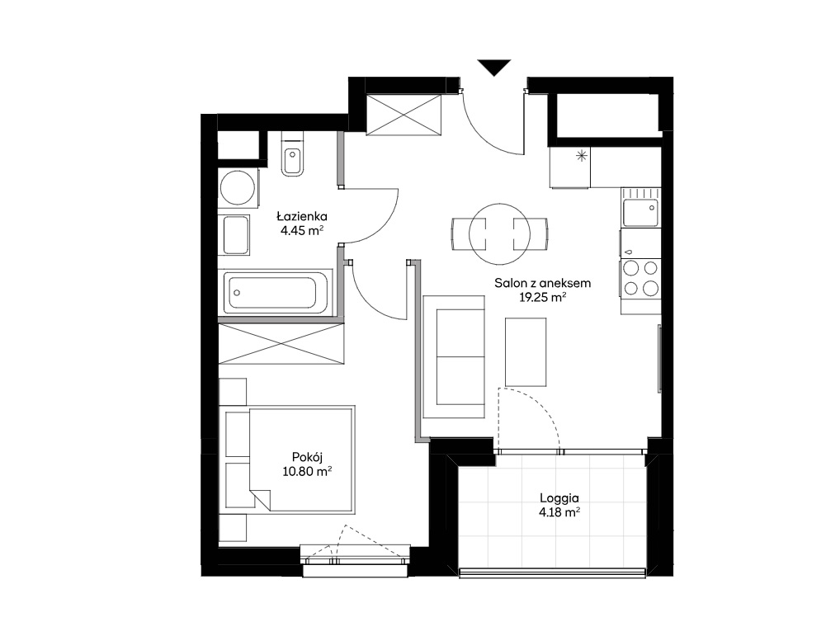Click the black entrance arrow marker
click(494, 67)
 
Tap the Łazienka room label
click(302, 216)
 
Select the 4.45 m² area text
click(302, 230)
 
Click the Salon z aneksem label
click(543, 283)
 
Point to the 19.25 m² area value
click(543, 297)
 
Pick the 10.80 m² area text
click(307, 471)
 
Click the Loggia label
click(559, 497)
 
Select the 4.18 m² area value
click(559, 511)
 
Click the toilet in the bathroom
click(292, 154)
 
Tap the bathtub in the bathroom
click(276, 292)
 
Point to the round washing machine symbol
click(238, 188)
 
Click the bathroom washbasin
click(236, 235)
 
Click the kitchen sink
click(640, 207)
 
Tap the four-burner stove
click(640, 279)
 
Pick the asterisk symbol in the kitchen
click(582, 155)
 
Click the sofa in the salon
click(454, 357)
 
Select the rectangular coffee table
click(526, 351)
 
